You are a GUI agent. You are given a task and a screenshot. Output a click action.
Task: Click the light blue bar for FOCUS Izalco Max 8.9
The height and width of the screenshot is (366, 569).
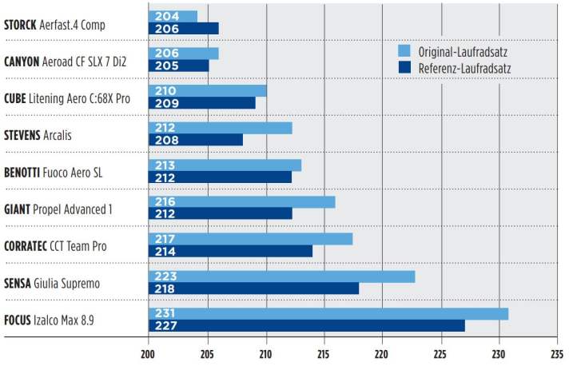(x=328, y=313)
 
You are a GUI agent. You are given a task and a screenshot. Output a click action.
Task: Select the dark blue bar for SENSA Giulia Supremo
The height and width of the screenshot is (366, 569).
(x=253, y=288)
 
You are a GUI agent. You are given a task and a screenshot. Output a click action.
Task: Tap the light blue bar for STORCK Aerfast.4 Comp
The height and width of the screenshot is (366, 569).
(x=173, y=16)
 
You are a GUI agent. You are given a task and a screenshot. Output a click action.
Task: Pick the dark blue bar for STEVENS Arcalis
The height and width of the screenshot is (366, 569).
(x=196, y=140)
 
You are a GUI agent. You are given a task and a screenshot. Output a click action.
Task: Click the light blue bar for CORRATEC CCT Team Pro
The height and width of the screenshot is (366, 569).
(x=250, y=239)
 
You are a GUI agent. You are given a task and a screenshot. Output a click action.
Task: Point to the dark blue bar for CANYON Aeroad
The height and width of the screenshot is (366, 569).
(x=178, y=66)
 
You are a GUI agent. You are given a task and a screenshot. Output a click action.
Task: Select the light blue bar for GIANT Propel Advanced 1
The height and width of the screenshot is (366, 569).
(x=241, y=201)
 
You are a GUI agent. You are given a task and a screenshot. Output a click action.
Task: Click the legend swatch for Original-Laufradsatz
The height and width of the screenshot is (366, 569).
(x=404, y=52)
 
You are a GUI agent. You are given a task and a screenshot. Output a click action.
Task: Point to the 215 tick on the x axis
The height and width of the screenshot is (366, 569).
(x=324, y=352)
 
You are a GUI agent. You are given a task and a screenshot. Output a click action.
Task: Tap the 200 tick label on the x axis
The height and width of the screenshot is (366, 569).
(x=148, y=352)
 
